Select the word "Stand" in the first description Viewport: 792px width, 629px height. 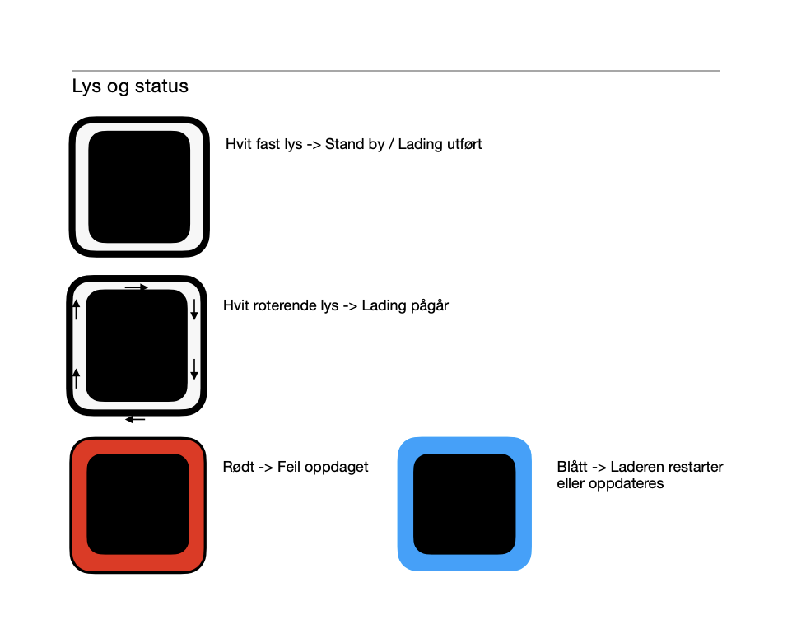pyautogui.click(x=344, y=144)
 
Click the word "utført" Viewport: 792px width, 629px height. pyautogui.click(x=463, y=144)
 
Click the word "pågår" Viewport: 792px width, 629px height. pyautogui.click(x=429, y=306)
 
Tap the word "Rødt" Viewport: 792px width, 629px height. pyautogui.click(x=239, y=467)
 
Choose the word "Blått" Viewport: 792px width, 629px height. pyautogui.click(x=572, y=467)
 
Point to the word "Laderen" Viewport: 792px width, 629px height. pyautogui.click(x=637, y=467)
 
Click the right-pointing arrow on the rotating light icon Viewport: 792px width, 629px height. pyautogui.click(x=137, y=287)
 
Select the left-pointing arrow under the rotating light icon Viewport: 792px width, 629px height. pyautogui.click(x=135, y=420)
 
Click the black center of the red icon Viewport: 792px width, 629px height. pyautogui.click(x=137, y=504)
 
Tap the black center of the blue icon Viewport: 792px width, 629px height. pyautogui.click(x=464, y=504)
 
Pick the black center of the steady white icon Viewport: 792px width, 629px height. pyautogui.click(x=139, y=187)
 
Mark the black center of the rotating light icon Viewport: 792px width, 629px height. pyautogui.click(x=137, y=346)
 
